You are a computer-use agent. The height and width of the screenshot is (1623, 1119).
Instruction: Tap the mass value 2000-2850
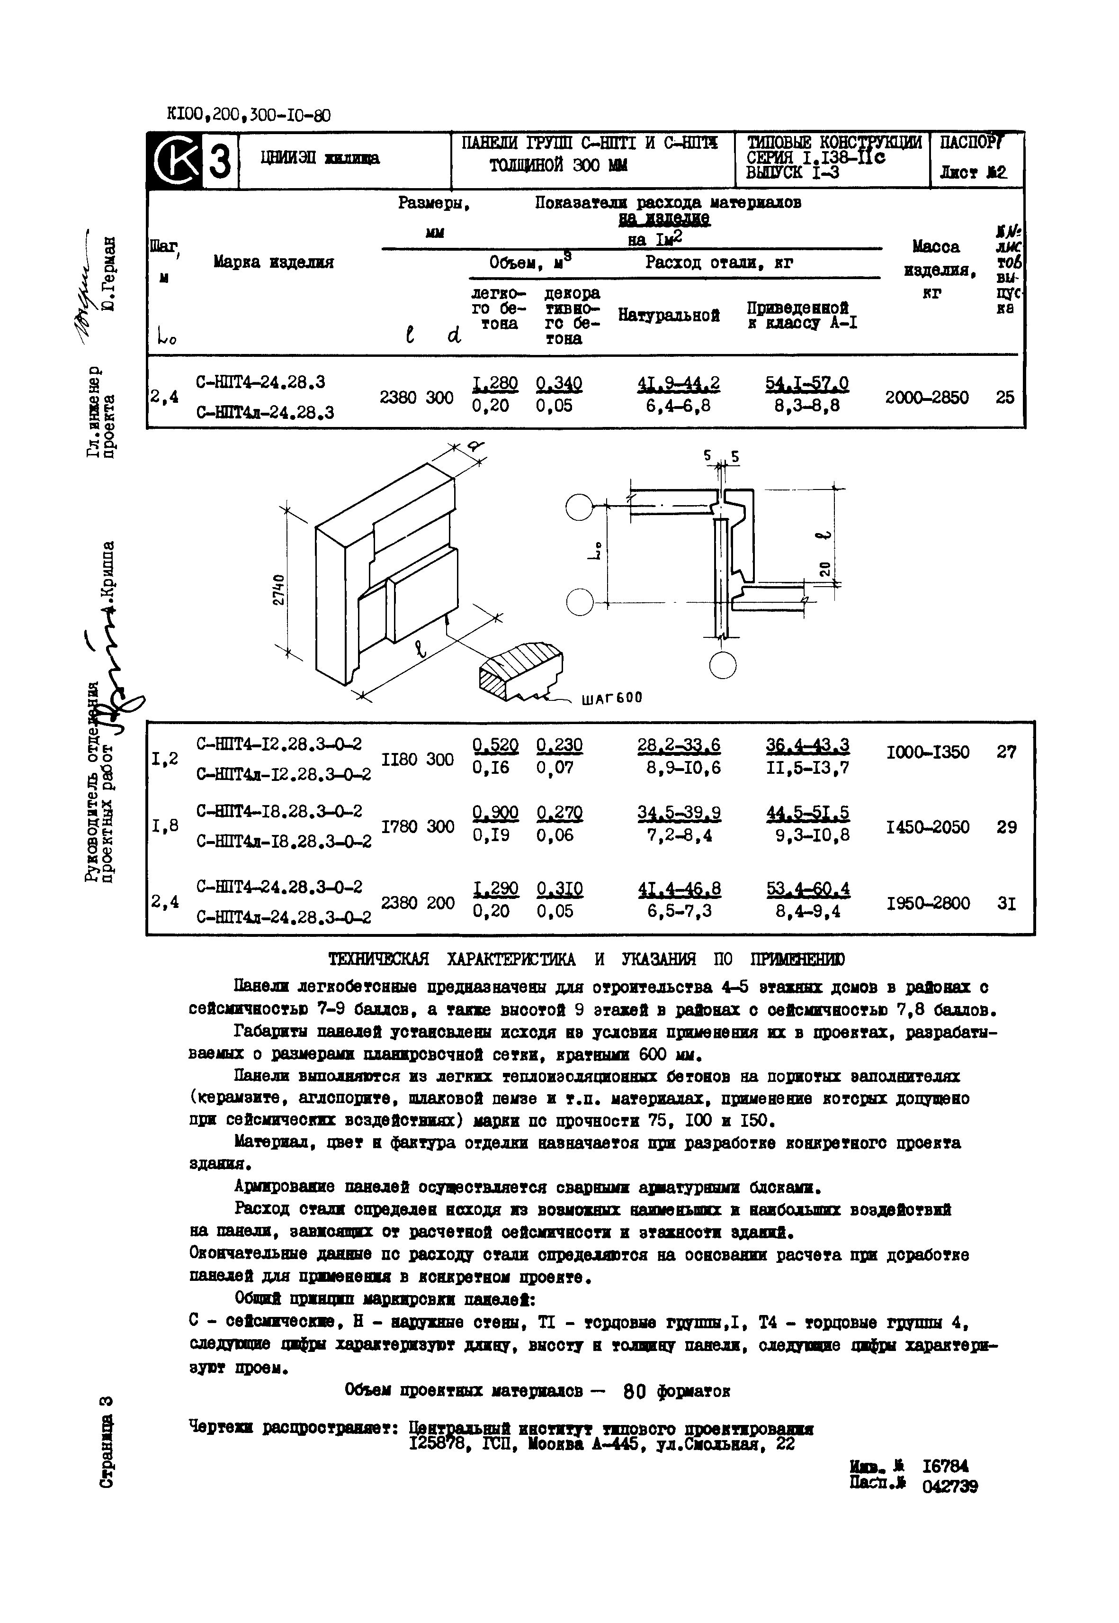coord(926,398)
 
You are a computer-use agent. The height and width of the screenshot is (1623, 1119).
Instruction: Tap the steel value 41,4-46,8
coord(679,889)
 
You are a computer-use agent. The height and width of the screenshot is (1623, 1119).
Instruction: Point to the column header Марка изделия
coord(273,263)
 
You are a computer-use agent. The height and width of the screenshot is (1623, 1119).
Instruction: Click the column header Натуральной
coord(669,316)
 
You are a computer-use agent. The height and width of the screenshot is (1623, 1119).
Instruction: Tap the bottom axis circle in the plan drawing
coord(722,664)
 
